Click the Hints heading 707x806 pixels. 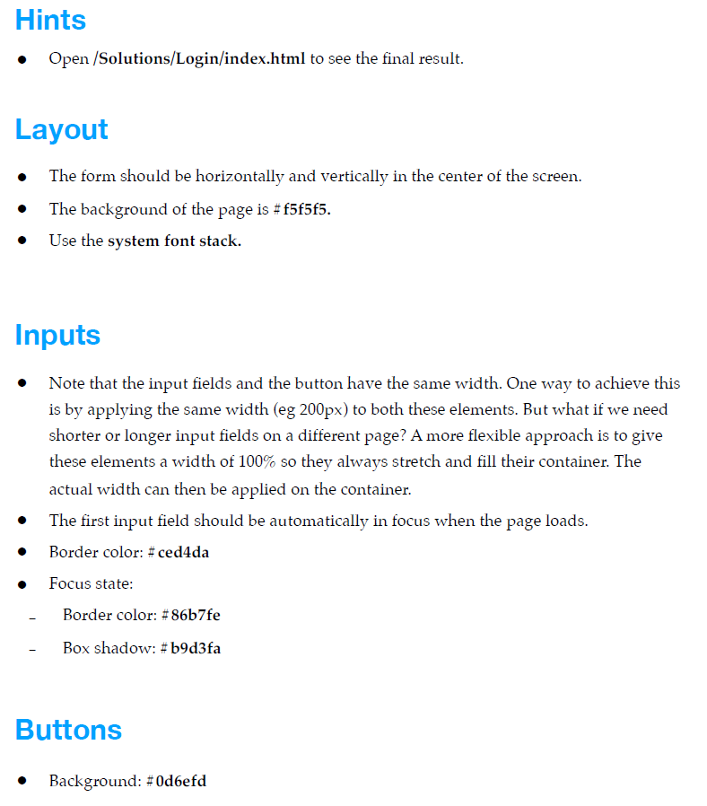[x=50, y=20]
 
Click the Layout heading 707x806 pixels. [x=61, y=129]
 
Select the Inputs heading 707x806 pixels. [x=57, y=335]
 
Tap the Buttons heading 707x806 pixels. [x=68, y=729]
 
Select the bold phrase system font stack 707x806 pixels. [x=174, y=241]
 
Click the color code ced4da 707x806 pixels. [x=183, y=552]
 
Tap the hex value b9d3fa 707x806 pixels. [x=196, y=648]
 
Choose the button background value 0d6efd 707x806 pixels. [x=181, y=781]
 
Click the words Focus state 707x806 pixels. [x=91, y=583]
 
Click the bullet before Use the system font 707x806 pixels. [x=22, y=241]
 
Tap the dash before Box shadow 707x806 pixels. [x=32, y=649]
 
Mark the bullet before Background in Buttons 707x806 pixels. [x=22, y=782]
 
